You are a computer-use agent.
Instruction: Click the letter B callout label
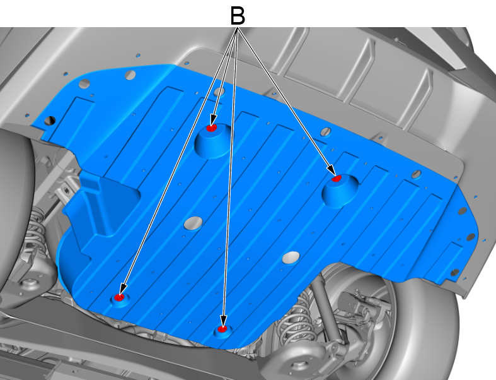pyautogui.click(x=238, y=16)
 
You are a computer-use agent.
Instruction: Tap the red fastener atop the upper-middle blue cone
pyautogui.click(x=211, y=128)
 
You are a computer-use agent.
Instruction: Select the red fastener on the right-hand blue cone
pyautogui.click(x=337, y=179)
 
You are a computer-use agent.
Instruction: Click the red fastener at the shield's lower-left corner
pyautogui.click(x=119, y=297)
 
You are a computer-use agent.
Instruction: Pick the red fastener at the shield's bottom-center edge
pyautogui.click(x=222, y=329)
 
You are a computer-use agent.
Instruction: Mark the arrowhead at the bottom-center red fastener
pyautogui.click(x=223, y=321)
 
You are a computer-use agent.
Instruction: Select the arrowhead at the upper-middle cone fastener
pyautogui.click(x=214, y=121)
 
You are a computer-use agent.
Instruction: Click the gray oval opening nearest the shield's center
pyautogui.click(x=193, y=223)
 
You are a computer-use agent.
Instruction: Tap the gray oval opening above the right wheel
pyautogui.click(x=291, y=258)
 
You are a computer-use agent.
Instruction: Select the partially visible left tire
pyautogui.click(x=16, y=206)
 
